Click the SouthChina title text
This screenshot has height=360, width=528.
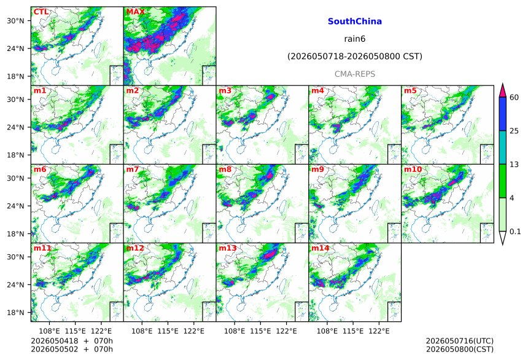coord(355,22)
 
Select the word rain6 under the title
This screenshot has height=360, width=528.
coord(355,39)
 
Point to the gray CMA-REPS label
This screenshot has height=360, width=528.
coord(355,74)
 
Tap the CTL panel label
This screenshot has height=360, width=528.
coord(41,12)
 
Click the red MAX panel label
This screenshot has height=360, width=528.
coord(135,12)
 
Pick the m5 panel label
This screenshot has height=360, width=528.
coord(410,91)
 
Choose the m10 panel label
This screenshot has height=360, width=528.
coord(413,169)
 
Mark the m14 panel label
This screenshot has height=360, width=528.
coord(320,248)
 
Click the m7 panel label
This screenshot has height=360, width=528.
coord(133,169)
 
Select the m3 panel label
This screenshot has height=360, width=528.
coord(225,91)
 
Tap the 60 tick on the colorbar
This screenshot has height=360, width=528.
coord(514,98)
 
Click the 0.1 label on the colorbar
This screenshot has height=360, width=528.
coord(515,232)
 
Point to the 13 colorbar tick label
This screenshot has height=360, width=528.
coord(514,165)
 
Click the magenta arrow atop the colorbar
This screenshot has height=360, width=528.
coord(503,91)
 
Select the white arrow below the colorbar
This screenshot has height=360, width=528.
coord(503,238)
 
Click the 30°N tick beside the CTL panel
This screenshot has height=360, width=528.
coord(15,21)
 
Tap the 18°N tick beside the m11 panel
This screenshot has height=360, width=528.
coord(15,313)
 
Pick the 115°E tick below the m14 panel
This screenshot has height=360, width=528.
coord(353,331)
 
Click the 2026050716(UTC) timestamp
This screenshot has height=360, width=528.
coord(460,341)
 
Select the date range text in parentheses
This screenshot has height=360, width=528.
coord(355,57)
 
